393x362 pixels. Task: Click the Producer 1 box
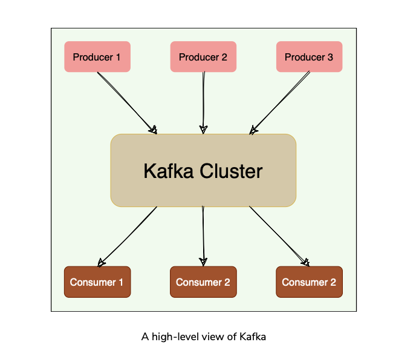click(x=97, y=57)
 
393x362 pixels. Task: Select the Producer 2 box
click(x=203, y=57)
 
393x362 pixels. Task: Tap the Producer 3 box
click(x=309, y=57)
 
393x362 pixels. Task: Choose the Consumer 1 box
click(x=97, y=282)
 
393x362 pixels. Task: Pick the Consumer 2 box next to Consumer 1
click(x=203, y=282)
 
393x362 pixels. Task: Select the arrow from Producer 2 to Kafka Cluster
click(x=204, y=100)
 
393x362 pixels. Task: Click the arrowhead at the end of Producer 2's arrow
click(x=204, y=129)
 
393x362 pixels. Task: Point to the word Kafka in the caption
click(x=253, y=336)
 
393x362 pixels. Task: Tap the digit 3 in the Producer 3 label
click(x=330, y=58)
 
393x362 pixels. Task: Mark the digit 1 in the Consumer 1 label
click(x=121, y=283)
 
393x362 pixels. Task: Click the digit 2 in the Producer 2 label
click(x=224, y=58)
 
